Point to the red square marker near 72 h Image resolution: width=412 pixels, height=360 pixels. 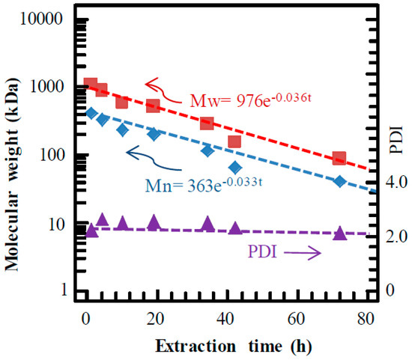click(x=339, y=158)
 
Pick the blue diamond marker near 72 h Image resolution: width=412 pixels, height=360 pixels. click(x=339, y=181)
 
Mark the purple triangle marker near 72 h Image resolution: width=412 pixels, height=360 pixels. click(x=339, y=233)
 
